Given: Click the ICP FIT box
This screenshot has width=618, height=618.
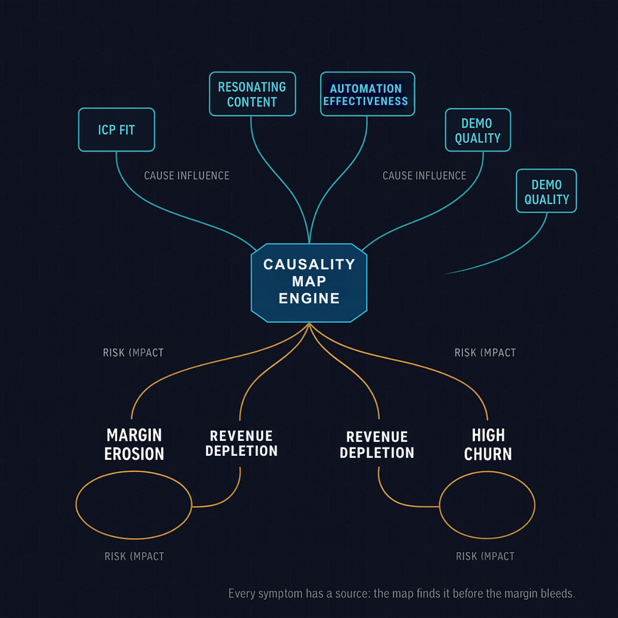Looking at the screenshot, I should (x=116, y=130).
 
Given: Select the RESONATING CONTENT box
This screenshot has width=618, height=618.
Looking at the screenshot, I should (x=252, y=94).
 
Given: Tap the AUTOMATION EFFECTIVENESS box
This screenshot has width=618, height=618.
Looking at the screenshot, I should (x=367, y=94).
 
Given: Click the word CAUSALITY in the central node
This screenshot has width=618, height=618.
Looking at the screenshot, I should (x=309, y=264).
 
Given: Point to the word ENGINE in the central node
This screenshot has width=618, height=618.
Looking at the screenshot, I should (x=309, y=298).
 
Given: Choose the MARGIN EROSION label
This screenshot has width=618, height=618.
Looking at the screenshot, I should (x=134, y=444).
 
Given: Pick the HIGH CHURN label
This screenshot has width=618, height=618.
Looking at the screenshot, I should (x=488, y=444).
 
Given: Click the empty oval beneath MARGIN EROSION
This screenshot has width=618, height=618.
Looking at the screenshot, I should (x=134, y=505).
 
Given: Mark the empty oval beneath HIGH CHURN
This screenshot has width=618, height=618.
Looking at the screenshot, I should (x=487, y=505).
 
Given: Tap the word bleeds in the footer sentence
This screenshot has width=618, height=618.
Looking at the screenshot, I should (x=557, y=594).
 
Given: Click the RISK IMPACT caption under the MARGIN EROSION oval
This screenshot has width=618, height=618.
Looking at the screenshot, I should (x=134, y=557).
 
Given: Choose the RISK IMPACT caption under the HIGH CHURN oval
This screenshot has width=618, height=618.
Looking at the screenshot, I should (x=485, y=557).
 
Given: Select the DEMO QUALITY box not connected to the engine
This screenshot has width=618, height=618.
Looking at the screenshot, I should (x=546, y=191).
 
